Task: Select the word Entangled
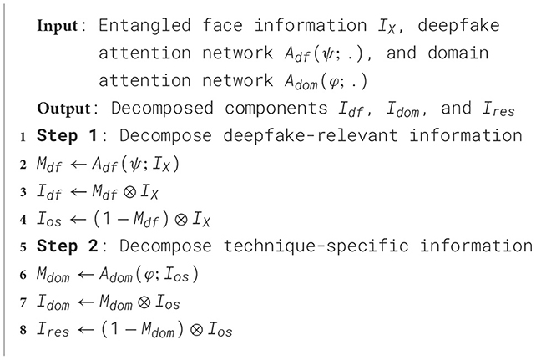pos(138,25)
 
